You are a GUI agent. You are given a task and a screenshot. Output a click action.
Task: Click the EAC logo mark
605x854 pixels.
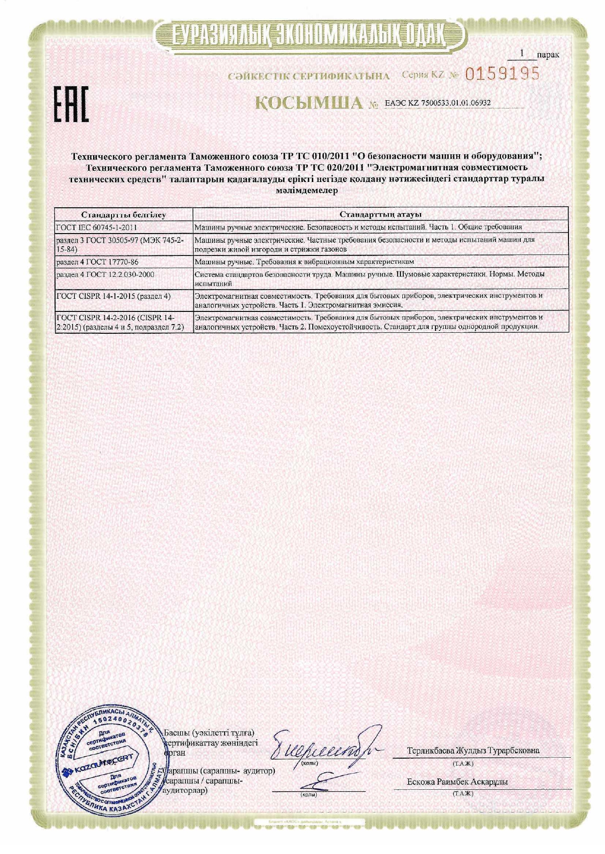click(71, 105)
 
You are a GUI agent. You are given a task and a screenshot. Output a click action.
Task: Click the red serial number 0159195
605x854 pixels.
click(502, 74)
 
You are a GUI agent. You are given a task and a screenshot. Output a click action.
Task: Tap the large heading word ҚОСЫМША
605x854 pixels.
click(310, 103)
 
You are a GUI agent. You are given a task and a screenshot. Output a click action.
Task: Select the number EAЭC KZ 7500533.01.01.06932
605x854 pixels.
click(437, 103)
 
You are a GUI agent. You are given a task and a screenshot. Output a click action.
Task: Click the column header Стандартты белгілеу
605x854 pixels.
click(123, 215)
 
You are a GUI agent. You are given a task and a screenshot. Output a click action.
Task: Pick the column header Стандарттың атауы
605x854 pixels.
click(380, 215)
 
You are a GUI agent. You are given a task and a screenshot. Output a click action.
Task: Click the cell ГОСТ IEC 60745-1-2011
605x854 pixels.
click(97, 227)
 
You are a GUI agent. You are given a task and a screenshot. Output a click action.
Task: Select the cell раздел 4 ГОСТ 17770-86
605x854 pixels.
click(97, 262)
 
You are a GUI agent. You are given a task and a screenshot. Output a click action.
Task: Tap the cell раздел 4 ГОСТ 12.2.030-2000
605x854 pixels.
click(105, 275)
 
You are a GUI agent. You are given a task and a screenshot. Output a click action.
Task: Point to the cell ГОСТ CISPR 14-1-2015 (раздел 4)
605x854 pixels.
click(113, 296)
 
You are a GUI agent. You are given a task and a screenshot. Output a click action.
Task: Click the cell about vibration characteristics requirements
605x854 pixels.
click(304, 262)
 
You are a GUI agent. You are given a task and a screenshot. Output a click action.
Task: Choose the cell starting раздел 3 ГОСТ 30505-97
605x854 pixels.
click(120, 245)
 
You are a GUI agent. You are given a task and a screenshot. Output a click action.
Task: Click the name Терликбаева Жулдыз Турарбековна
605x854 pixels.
click(473, 751)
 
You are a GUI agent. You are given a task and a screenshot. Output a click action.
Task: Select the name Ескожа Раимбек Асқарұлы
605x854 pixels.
click(457, 782)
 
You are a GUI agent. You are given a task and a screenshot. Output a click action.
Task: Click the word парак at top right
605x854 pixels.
click(548, 55)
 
